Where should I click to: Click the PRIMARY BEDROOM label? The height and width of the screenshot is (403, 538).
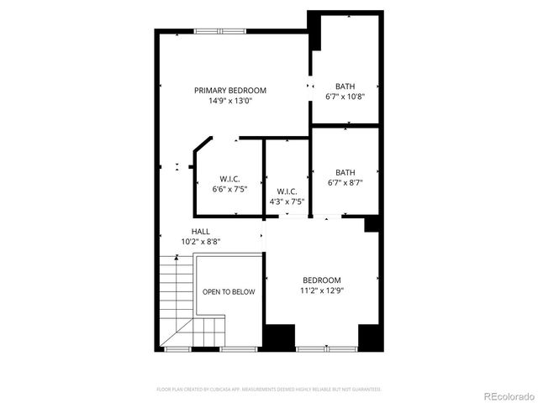(230, 91)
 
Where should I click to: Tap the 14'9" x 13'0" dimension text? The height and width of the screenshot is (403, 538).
(230, 101)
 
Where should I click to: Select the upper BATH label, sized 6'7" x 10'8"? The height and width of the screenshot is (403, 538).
(345, 86)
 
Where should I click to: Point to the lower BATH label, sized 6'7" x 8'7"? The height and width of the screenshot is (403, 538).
(345, 172)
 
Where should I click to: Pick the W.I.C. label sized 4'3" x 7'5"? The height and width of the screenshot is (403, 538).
(287, 191)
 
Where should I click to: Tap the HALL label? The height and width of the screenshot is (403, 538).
(201, 231)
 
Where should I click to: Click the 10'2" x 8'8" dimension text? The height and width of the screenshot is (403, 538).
(201, 241)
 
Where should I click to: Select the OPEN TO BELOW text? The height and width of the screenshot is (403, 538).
(229, 292)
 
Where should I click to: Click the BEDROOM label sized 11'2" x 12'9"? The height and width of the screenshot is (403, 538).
(322, 280)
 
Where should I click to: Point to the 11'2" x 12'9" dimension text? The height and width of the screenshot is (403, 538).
(322, 290)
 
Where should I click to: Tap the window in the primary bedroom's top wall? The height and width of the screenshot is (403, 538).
(220, 31)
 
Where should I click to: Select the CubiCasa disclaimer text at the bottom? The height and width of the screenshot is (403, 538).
(269, 390)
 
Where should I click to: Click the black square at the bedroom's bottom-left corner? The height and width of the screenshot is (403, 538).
(278, 337)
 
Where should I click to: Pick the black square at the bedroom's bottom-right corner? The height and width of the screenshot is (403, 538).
(371, 337)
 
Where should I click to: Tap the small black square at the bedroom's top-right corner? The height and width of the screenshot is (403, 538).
(372, 224)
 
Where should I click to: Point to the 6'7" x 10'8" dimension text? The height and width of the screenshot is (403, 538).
(345, 97)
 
